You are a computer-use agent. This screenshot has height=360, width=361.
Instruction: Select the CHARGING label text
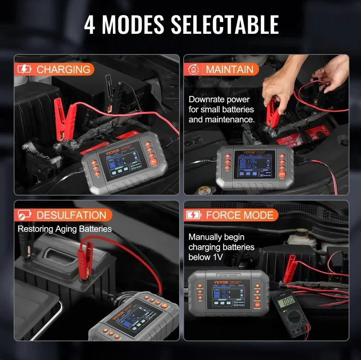(x=63, y=69)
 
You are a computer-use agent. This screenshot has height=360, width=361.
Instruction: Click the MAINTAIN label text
(x=229, y=69)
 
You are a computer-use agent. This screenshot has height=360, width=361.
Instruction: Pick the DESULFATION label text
(x=71, y=215)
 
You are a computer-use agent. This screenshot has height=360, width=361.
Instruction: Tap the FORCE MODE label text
(x=239, y=215)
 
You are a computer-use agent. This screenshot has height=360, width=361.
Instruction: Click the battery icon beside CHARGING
(x=24, y=69)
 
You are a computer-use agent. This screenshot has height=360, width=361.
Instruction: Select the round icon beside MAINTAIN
(x=194, y=69)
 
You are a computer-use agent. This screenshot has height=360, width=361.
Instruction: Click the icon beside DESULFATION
(x=24, y=215)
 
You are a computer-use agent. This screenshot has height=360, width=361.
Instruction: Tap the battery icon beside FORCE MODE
(x=194, y=215)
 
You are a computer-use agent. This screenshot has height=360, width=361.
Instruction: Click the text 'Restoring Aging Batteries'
(x=64, y=228)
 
